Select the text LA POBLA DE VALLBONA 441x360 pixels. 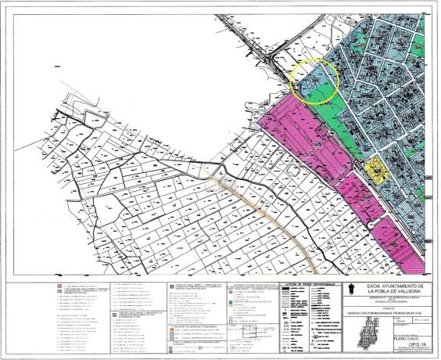click(393, 294)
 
